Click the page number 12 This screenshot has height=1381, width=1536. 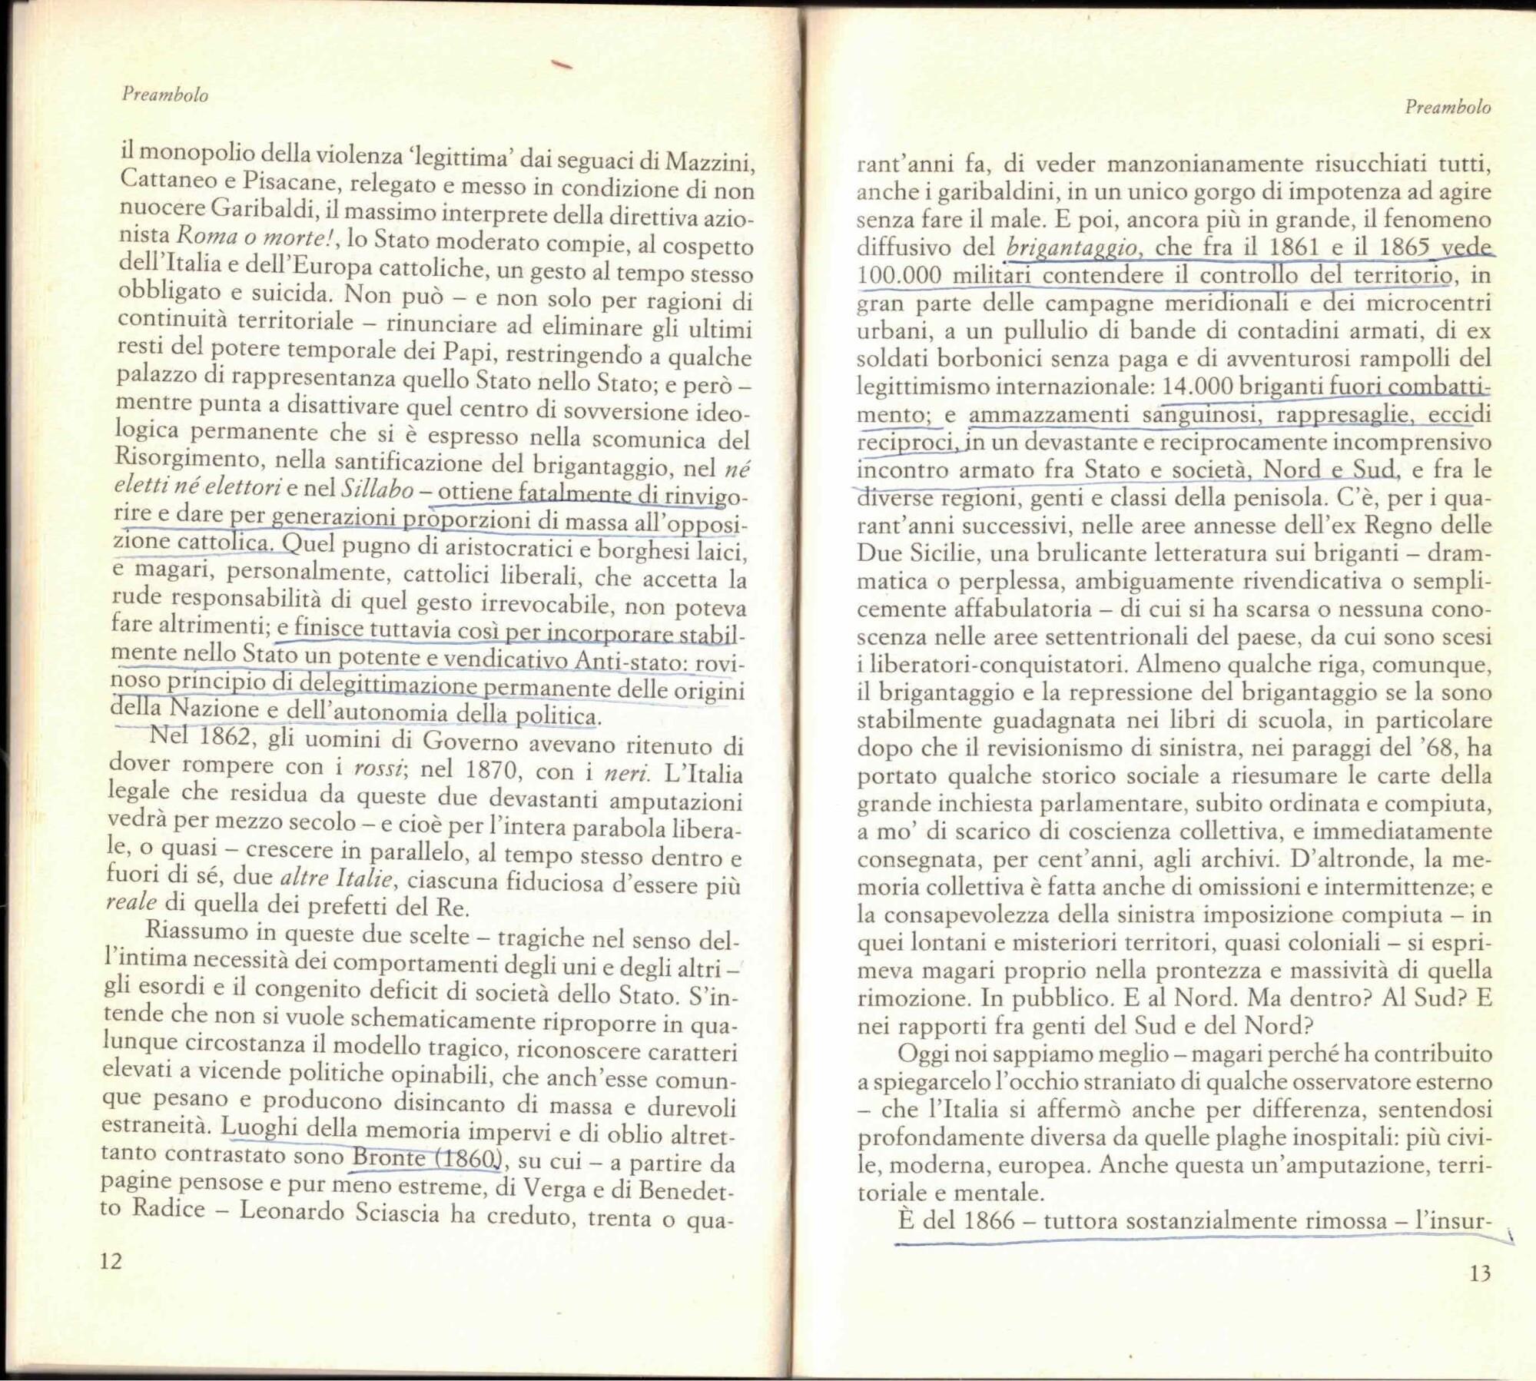[x=111, y=1261]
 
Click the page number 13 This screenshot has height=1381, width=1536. [x=1480, y=1273]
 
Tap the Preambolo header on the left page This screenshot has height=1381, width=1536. [x=165, y=95]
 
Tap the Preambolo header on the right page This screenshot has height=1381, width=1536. [x=1448, y=107]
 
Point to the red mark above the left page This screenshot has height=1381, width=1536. [x=563, y=66]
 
